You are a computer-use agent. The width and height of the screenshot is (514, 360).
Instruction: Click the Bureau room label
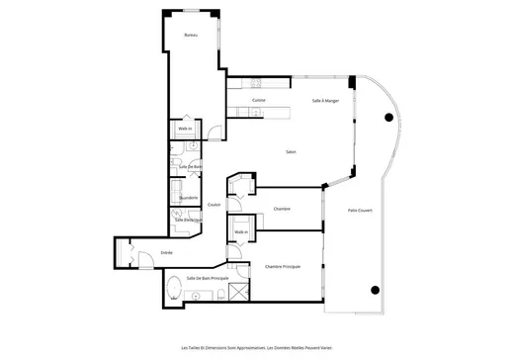point(191,36)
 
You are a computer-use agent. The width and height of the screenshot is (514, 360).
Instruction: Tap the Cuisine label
point(257,100)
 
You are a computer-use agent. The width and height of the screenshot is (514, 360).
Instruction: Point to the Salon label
point(291,151)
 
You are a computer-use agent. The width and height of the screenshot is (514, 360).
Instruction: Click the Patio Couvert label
point(359,210)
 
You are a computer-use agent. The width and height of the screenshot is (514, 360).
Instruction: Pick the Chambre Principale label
point(283,267)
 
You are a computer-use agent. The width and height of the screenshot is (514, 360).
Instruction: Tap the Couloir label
point(214,205)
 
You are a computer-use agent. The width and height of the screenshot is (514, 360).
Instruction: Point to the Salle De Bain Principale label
point(208,279)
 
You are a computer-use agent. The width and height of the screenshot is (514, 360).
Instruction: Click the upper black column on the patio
point(388,118)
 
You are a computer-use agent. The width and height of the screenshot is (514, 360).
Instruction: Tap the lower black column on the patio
point(376,290)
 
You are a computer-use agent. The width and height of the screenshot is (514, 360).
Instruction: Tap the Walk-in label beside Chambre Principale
point(241,231)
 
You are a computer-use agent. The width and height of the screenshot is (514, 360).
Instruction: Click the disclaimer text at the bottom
point(257,347)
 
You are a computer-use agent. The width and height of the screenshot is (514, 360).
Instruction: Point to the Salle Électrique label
point(188,219)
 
